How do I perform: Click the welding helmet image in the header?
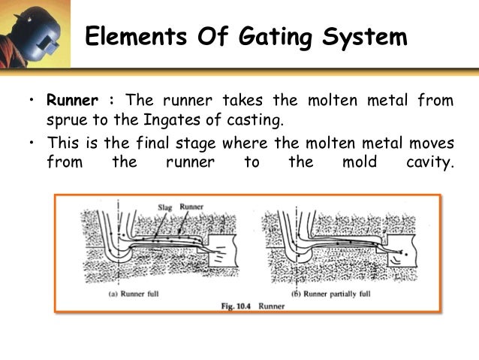(34, 34)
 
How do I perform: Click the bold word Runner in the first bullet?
(73, 101)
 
